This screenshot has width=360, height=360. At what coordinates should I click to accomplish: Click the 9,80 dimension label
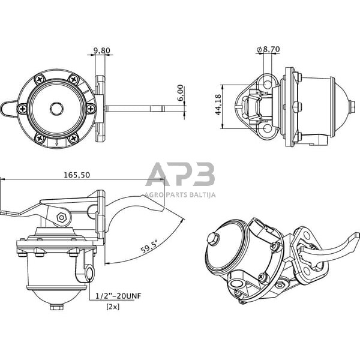point(101,51)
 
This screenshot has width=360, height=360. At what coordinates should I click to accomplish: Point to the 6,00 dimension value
point(181,94)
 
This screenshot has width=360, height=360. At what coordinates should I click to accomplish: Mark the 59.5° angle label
point(148,247)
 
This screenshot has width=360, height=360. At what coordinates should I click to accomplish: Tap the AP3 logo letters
point(181,175)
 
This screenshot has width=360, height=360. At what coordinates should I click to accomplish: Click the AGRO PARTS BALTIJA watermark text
point(180,194)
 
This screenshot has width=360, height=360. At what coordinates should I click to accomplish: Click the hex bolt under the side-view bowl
point(56,307)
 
